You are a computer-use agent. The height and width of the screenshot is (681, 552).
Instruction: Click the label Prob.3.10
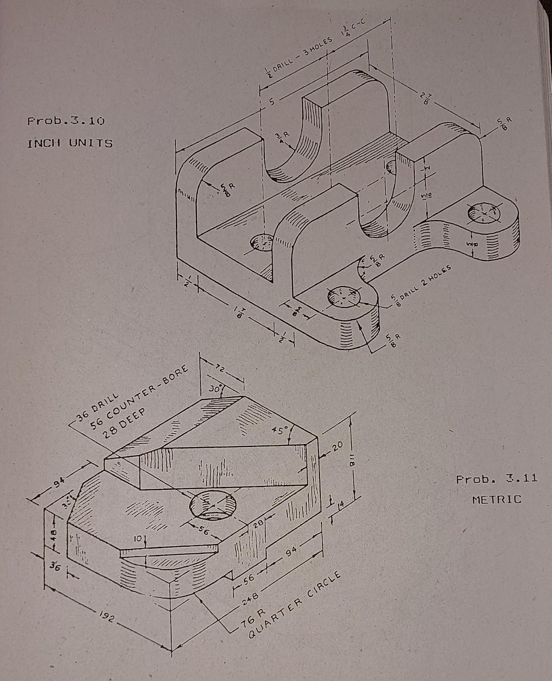pos(66,122)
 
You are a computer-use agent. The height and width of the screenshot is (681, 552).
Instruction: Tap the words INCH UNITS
pos(70,143)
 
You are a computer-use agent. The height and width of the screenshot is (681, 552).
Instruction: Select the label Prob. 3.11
pos(496,479)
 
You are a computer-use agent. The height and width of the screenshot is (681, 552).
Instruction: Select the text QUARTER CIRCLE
pos(295,604)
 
